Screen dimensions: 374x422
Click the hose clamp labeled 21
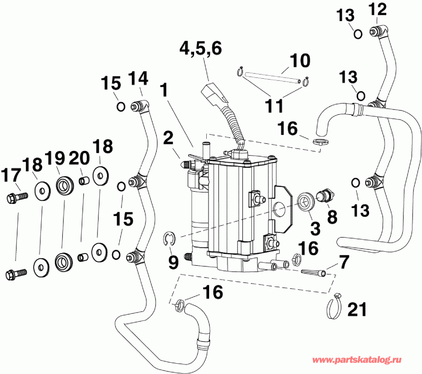tap(333, 306)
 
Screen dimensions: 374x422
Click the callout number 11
tap(273, 106)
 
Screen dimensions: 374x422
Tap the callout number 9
tap(173, 262)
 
